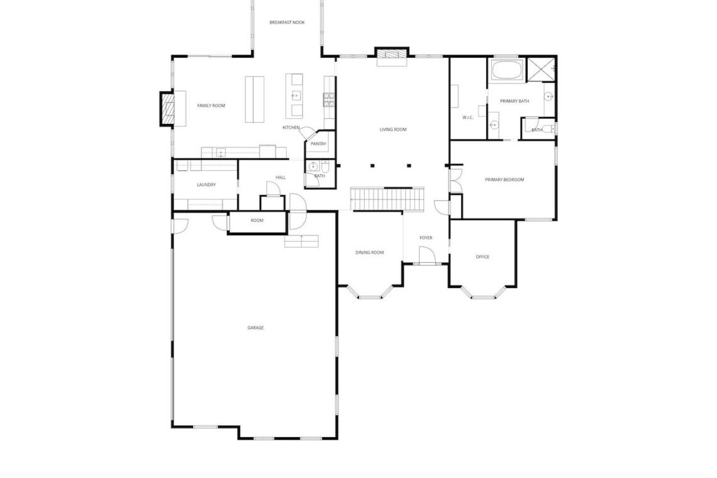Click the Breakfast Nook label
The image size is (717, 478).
tap(287, 23)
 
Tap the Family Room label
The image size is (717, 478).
tap(211, 106)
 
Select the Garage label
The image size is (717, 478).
tap(255, 328)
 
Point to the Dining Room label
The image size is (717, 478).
tap(369, 252)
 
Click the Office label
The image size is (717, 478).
tap(482, 257)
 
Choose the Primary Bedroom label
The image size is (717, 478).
tap(504, 180)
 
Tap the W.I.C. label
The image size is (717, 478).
tap(467, 118)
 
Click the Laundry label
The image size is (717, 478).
tap(206, 185)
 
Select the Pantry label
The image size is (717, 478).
tap(318, 144)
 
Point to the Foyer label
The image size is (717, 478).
tap(426, 238)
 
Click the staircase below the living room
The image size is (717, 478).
tap(387, 199)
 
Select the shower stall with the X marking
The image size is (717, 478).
tap(541, 70)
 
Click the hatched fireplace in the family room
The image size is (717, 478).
tap(167, 108)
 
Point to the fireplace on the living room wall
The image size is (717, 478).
tap(391, 53)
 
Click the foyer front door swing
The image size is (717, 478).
tap(427, 255)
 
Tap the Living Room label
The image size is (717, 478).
tap(393, 130)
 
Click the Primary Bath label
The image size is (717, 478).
tap(514, 101)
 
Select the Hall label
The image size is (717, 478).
tap(281, 177)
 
